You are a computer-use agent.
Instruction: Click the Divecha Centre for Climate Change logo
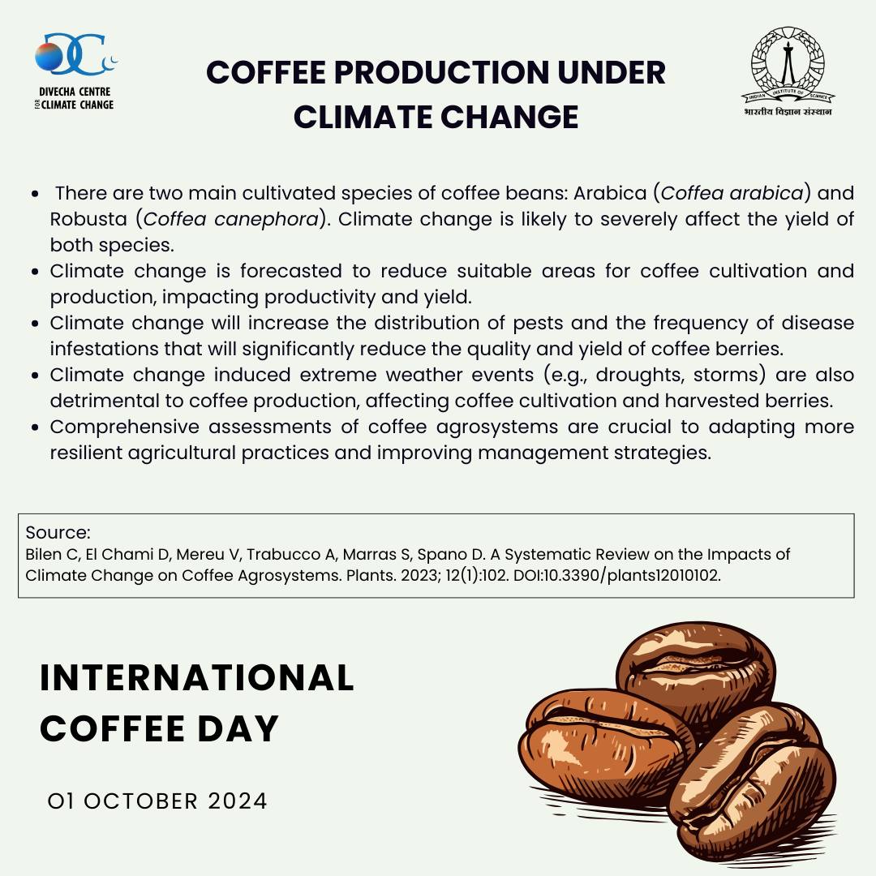[75, 71]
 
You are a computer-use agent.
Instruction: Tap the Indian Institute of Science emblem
[788, 71]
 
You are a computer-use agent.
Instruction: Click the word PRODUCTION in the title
[433, 73]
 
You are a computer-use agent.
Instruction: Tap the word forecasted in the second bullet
[291, 271]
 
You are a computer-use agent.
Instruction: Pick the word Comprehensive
[125, 427]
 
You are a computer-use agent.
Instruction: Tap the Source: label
[58, 532]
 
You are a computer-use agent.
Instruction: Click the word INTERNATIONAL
[197, 677]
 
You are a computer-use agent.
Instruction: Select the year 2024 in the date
[238, 801]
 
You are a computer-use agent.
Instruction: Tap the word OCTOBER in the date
[141, 801]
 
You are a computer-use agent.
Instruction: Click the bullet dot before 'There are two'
[35, 194]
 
